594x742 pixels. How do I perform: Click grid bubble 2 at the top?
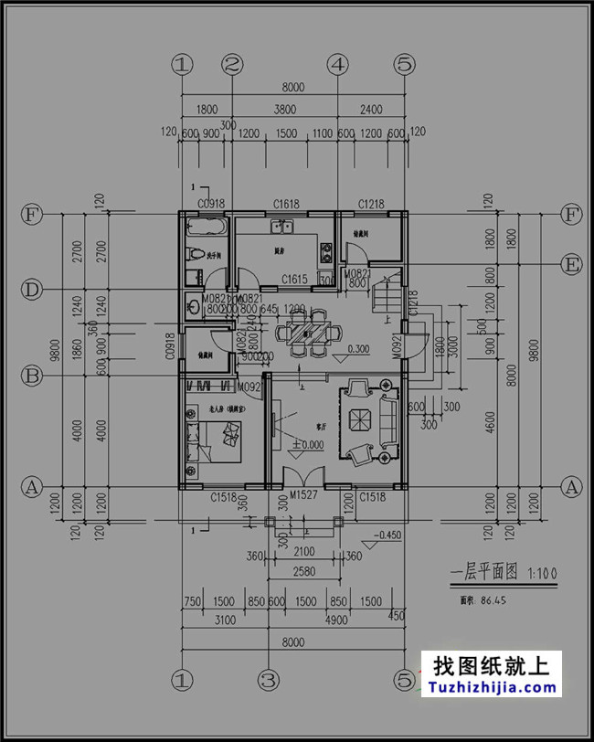point(232,64)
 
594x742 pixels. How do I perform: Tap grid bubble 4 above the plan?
point(338,64)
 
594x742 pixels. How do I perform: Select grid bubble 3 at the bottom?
point(268,680)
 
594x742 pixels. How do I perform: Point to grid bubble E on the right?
point(572,265)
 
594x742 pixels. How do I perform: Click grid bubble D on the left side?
point(31,291)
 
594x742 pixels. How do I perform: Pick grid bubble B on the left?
point(31,376)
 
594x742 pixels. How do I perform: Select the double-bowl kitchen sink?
point(281,226)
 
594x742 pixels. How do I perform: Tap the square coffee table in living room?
point(357,420)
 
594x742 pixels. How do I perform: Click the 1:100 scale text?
point(541,574)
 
